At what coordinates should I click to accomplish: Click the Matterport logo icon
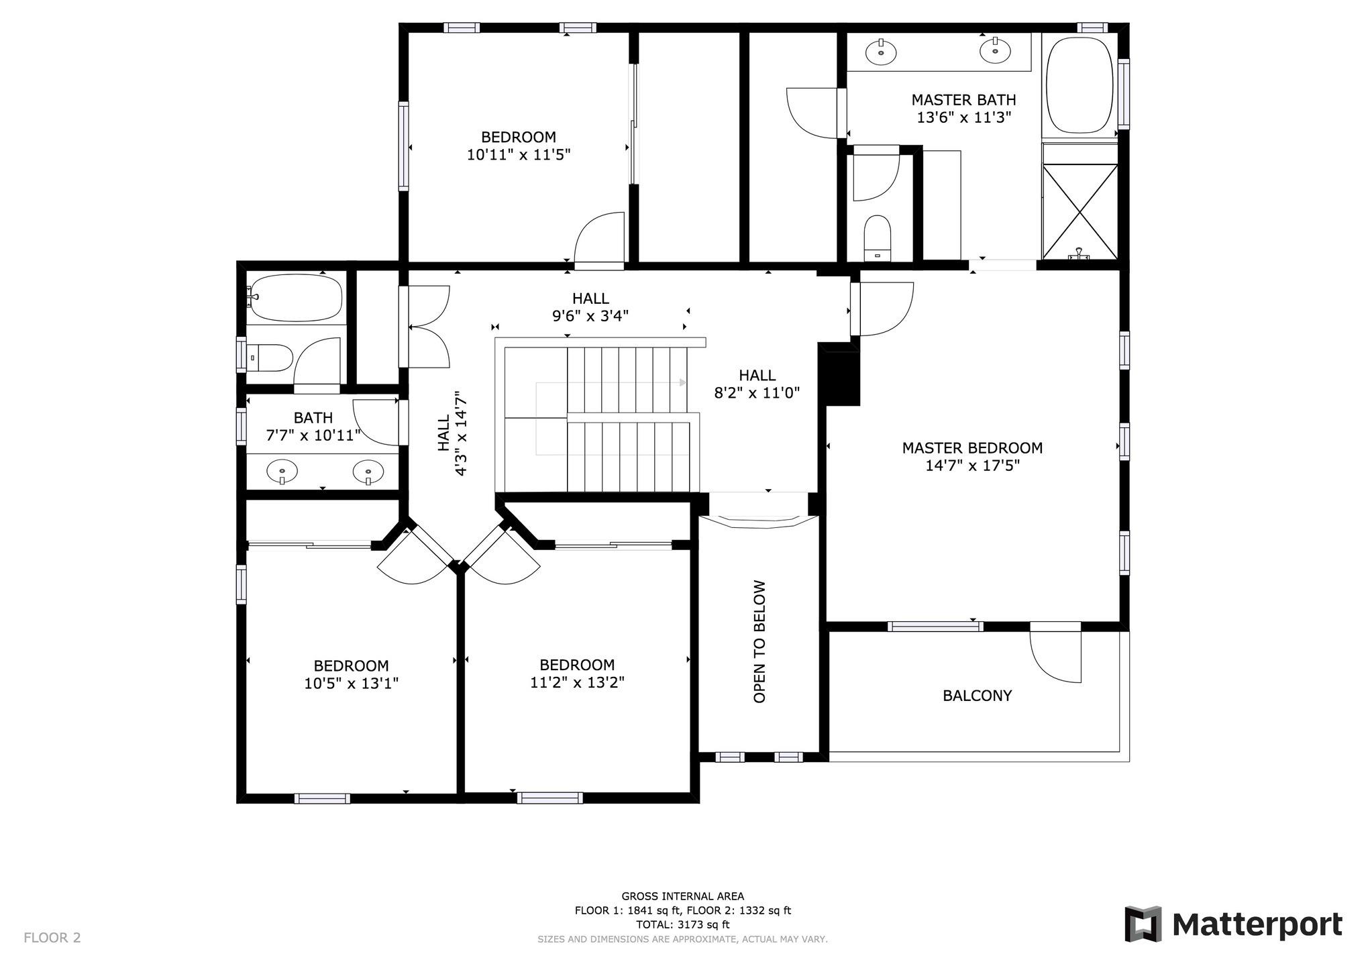(x=1143, y=924)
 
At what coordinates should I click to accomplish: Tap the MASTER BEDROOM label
(x=972, y=448)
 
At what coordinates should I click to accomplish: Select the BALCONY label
(x=977, y=696)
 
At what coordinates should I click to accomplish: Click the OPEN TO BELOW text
(x=759, y=641)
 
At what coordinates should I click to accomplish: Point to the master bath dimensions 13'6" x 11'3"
(x=964, y=117)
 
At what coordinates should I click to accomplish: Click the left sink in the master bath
(x=880, y=51)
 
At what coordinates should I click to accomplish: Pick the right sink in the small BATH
(x=368, y=472)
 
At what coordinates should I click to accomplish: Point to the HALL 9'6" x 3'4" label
(x=590, y=307)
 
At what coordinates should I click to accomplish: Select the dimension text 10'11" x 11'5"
(x=519, y=155)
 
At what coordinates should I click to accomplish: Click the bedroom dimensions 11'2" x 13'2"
(x=577, y=683)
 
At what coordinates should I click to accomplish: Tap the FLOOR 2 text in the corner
(x=52, y=938)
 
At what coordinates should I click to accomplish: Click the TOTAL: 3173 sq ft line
(x=682, y=924)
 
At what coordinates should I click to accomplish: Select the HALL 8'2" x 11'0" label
(x=757, y=384)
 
